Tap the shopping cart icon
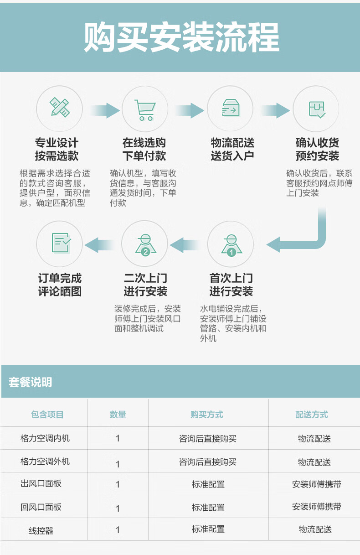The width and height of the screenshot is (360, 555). [145, 110]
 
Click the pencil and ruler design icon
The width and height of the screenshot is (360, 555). [59, 107]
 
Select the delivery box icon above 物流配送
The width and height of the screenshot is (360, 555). [231, 108]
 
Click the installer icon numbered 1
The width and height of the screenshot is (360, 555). [231, 245]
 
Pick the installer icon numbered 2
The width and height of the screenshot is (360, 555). [145, 245]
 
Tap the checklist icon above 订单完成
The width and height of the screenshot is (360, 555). [62, 243]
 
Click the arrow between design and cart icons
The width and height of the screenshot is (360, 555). [105, 110]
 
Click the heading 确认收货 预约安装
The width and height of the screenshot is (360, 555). [317, 149]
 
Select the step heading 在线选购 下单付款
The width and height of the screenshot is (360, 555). [144, 149]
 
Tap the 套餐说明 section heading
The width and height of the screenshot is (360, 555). [31, 382]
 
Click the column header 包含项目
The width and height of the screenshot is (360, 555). [47, 414]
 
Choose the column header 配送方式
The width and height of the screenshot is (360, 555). [312, 414]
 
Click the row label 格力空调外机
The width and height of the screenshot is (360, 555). [45, 462]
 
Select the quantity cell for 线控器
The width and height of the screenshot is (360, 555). [118, 530]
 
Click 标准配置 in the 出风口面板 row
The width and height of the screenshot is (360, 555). [208, 484]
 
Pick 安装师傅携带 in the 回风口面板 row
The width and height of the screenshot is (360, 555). [317, 507]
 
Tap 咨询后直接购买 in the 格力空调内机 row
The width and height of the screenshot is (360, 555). [208, 439]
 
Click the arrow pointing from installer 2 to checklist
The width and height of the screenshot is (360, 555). [99, 245]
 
